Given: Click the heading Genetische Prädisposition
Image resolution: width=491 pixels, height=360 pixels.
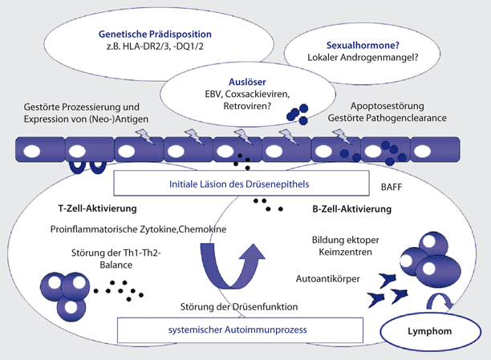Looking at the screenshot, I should pos(155,34).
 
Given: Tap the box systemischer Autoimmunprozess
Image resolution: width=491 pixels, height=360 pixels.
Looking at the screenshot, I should pos(230,330).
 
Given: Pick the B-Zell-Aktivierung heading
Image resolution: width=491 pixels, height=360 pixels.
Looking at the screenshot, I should pos(351,210).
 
